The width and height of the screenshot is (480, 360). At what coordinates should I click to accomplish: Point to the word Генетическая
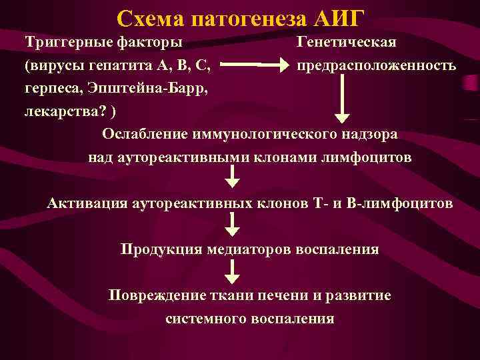pos(347,43)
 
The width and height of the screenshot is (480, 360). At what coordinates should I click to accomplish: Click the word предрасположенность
pos(377,67)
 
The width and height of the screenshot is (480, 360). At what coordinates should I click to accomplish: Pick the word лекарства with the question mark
pos(60,111)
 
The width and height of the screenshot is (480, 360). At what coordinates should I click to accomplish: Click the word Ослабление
pos(144,134)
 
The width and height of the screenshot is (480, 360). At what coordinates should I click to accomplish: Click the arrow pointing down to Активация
pos(231,177)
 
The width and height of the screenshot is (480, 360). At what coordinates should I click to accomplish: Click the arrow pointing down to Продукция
pos(231,225)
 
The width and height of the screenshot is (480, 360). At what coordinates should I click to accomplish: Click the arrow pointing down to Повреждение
pos(231,272)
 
